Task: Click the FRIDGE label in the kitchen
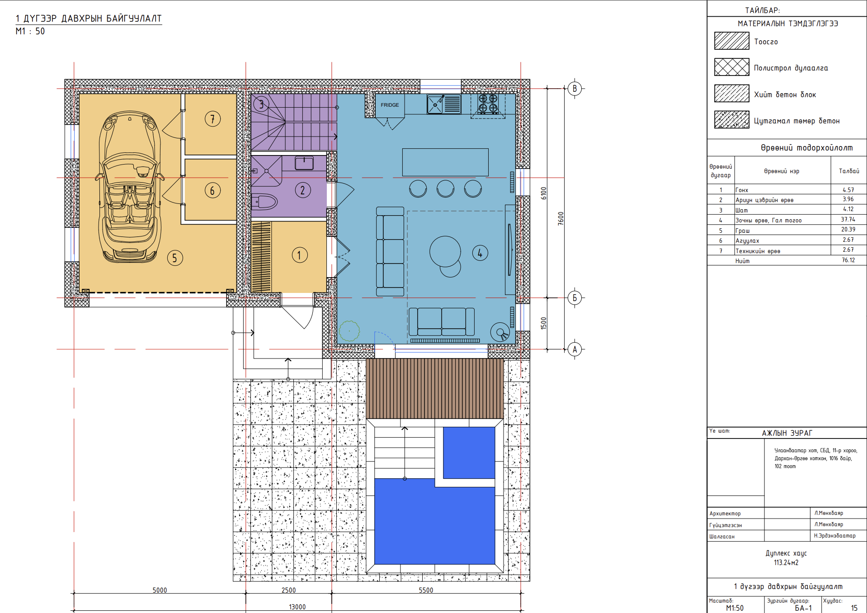tap(390, 105)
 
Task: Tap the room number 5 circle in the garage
tap(175, 258)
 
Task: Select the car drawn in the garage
tap(130, 187)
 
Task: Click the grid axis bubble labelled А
tap(575, 349)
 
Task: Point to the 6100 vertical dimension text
tap(544, 193)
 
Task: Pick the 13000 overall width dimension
tap(297, 607)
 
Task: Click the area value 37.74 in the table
tap(848, 220)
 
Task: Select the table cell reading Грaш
tap(743, 231)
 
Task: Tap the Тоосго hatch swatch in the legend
tap(732, 41)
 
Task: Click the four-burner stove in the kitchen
tap(488, 104)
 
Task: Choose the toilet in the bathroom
tap(264, 202)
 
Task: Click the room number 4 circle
tap(480, 253)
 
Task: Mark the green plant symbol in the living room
tap(349, 331)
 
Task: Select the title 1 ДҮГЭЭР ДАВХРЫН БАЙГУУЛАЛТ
tap(89, 19)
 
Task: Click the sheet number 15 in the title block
tap(854, 608)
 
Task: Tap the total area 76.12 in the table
tap(848, 260)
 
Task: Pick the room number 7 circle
tap(212, 119)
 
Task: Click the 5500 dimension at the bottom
tap(426, 590)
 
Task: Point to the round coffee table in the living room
tap(445, 252)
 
